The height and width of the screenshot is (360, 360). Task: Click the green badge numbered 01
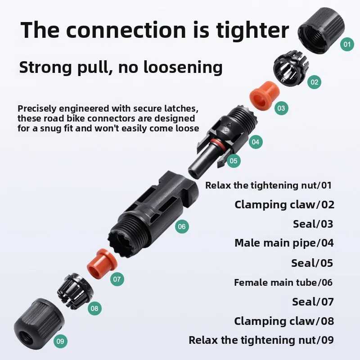click(x=347, y=44)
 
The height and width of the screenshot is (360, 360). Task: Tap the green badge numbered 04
click(x=256, y=142)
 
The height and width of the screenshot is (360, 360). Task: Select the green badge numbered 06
click(x=182, y=227)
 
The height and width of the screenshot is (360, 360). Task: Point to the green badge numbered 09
click(x=60, y=341)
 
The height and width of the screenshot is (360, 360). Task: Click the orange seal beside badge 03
click(x=265, y=95)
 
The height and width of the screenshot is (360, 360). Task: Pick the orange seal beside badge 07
click(x=102, y=264)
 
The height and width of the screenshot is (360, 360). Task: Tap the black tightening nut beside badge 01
click(x=321, y=31)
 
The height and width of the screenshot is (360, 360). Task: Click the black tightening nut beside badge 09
click(x=39, y=324)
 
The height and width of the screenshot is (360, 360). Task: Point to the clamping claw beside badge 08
click(x=75, y=291)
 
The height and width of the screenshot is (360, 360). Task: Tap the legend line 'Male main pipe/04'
click(x=284, y=243)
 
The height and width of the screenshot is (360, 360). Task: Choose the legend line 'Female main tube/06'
click(x=283, y=283)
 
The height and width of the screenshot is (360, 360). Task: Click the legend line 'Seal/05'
click(x=312, y=263)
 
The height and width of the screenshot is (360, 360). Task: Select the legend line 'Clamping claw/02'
click(x=284, y=205)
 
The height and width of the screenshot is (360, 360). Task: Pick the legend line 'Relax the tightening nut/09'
click(x=261, y=340)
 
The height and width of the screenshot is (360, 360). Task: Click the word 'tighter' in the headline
click(x=252, y=30)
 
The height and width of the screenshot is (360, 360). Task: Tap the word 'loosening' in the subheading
click(x=183, y=67)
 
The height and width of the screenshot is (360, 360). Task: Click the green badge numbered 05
click(x=234, y=161)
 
